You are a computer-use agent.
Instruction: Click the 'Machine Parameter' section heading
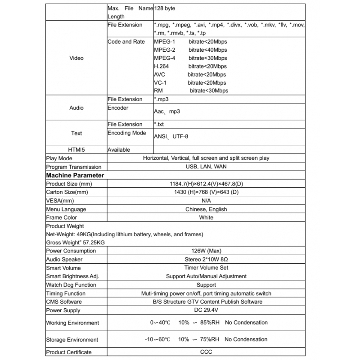coord(75,175)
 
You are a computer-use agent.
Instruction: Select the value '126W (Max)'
coord(207,251)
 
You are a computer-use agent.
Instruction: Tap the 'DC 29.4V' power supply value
coord(207,310)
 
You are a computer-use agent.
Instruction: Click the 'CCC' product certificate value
coord(207,352)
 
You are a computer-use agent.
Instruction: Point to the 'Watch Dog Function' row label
coord(71,285)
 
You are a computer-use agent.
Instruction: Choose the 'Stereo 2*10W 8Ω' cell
coord(207,259)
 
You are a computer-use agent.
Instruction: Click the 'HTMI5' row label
coord(76,149)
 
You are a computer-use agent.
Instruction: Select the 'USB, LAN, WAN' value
coord(207,167)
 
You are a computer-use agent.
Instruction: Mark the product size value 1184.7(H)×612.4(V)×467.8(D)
coord(207,184)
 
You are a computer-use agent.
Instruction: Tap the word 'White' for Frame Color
coord(207,218)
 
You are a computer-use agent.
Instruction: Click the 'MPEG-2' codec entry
coord(164,50)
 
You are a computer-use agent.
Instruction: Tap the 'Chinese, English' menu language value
coord(207,209)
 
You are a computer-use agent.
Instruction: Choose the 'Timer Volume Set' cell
coord(207,268)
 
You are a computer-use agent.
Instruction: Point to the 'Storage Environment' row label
coord(72,339)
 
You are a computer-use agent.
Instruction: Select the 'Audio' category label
coord(76,108)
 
